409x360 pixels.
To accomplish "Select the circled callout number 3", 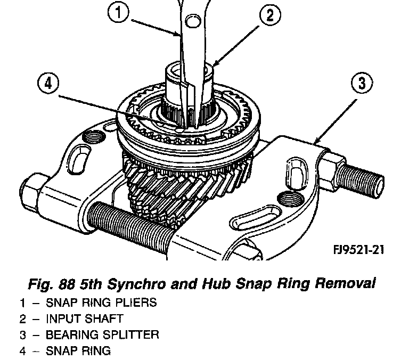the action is pyautogui.click(x=362, y=84).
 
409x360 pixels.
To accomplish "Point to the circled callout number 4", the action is pyautogui.click(x=48, y=84).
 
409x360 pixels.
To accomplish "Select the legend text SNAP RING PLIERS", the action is pyautogui.click(x=101, y=302).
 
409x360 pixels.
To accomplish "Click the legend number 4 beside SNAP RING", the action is pyautogui.click(x=23, y=350).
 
